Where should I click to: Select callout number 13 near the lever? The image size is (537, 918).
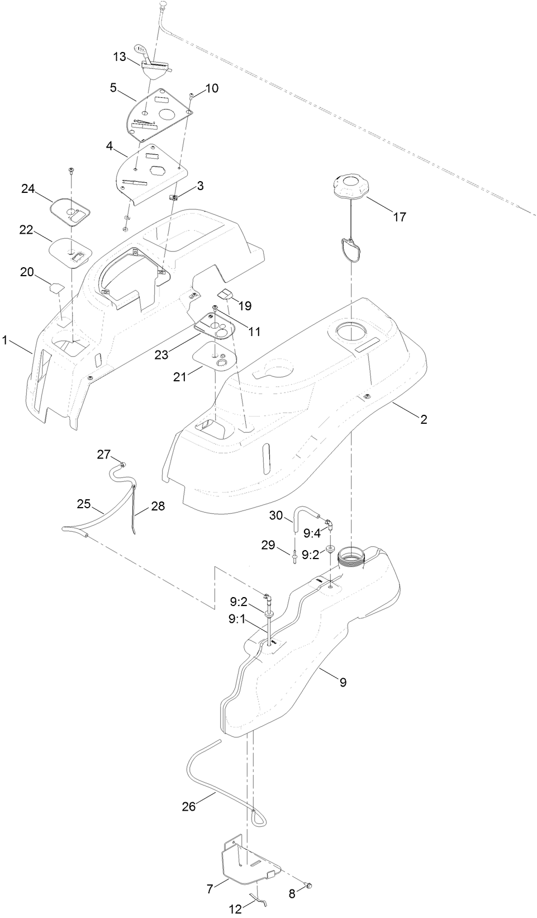pos(120,56)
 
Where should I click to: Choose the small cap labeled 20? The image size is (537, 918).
pos(55,288)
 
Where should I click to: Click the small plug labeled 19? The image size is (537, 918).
pos(225,294)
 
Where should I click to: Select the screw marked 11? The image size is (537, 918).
pos(215,308)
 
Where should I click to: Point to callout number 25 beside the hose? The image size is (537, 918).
pos(84,504)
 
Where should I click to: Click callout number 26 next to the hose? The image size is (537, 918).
pos(189,807)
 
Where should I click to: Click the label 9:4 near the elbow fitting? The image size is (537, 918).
pos(312,534)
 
